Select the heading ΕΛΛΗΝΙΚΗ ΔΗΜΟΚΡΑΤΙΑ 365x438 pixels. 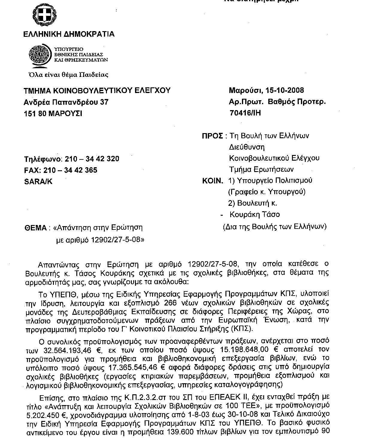pyautogui.click(x=69, y=34)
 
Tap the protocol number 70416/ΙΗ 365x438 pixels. pyautogui.click(x=245, y=113)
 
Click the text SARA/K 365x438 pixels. pyautogui.click(x=38, y=182)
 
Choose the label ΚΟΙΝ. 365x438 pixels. pyautogui.click(x=213, y=181)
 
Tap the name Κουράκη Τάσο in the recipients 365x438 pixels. pyautogui.click(x=255, y=215)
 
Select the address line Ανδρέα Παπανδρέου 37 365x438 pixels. pyautogui.click(x=66, y=102)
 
